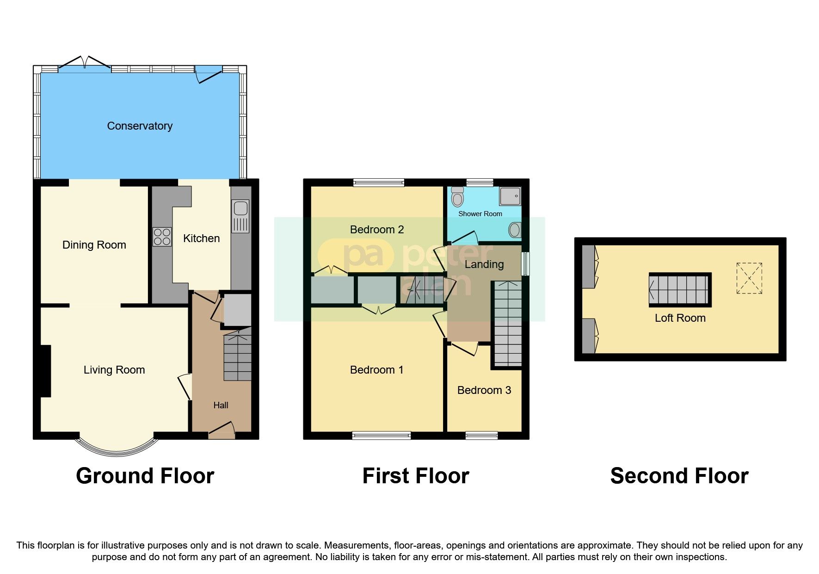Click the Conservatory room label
tap(140, 126)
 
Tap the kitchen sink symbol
tap(240, 216)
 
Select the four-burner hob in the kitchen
tap(162, 237)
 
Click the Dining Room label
tap(94, 245)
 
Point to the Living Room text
tap(114, 370)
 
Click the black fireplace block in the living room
tap(44, 371)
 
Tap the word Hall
tap(221, 406)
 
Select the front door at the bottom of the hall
tap(222, 432)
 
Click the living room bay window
tap(117, 448)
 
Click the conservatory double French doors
tap(85, 65)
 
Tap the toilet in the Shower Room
tap(457, 197)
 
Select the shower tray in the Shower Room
tap(510, 196)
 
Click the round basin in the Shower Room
tap(515, 230)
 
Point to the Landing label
tap(484, 264)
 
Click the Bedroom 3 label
tap(484, 390)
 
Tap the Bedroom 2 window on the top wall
tap(379, 182)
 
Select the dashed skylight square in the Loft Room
tap(749, 278)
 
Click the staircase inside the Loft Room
tap(679, 290)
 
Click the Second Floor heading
tap(679, 476)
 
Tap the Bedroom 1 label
tap(376, 370)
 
